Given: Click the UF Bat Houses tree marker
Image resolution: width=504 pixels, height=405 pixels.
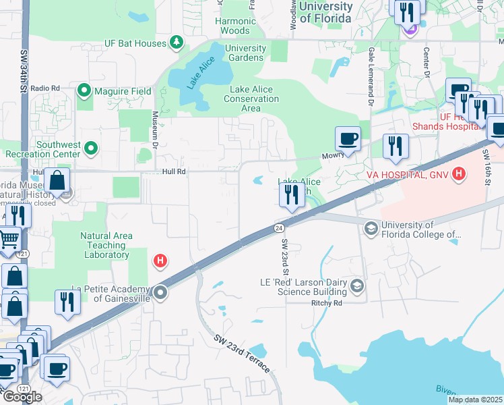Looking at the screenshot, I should (x=177, y=43).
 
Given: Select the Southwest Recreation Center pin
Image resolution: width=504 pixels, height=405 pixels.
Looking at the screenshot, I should (x=92, y=148).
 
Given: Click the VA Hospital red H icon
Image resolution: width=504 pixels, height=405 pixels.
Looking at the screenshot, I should (x=459, y=175).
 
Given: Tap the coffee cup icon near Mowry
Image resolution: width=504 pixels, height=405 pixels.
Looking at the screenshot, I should (x=348, y=138).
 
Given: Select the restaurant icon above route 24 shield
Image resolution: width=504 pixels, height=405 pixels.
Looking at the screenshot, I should (x=292, y=195).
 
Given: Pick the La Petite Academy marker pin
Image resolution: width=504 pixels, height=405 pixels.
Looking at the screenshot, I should (x=160, y=293).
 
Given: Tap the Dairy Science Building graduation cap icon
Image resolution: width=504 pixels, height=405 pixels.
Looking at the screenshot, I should (x=356, y=287).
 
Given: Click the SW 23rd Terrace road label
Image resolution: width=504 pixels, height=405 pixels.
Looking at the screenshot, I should (x=243, y=354).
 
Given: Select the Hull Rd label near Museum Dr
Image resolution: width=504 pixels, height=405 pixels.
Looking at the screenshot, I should (x=174, y=172).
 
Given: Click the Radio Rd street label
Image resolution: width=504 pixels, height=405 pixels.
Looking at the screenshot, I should (x=45, y=88).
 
